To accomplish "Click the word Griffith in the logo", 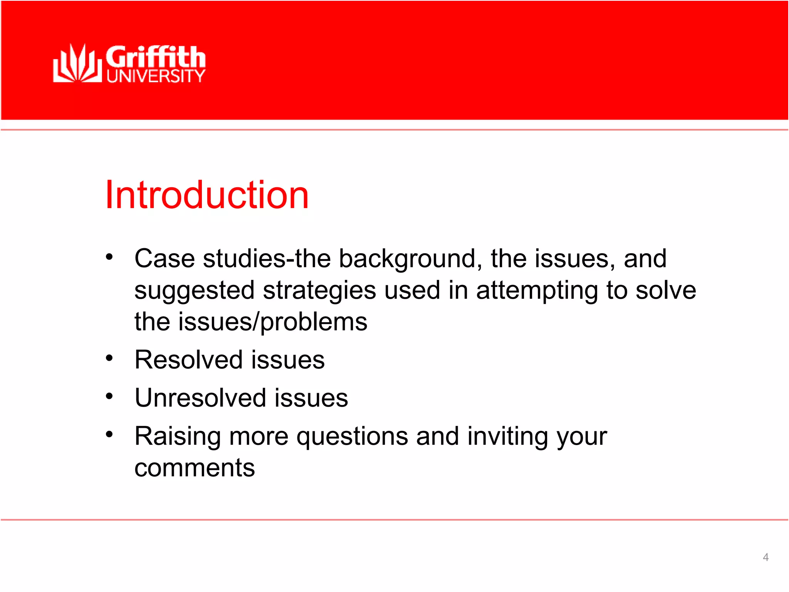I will [156, 57].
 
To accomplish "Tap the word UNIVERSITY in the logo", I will [156, 76].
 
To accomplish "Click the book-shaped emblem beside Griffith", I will [77, 64].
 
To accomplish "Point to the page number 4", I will [765, 557].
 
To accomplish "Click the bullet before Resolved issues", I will [109, 358].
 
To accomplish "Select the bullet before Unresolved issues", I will [109, 396].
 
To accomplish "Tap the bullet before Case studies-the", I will [109, 257].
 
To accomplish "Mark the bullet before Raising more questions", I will [109, 434].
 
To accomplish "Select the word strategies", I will [319, 291].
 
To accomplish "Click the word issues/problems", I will [272, 322].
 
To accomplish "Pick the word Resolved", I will [189, 360].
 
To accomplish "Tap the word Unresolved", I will [200, 398].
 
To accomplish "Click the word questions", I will [352, 437].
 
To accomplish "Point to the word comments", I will [195, 468].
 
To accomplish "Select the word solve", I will [666, 290].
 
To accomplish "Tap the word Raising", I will [178, 437].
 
